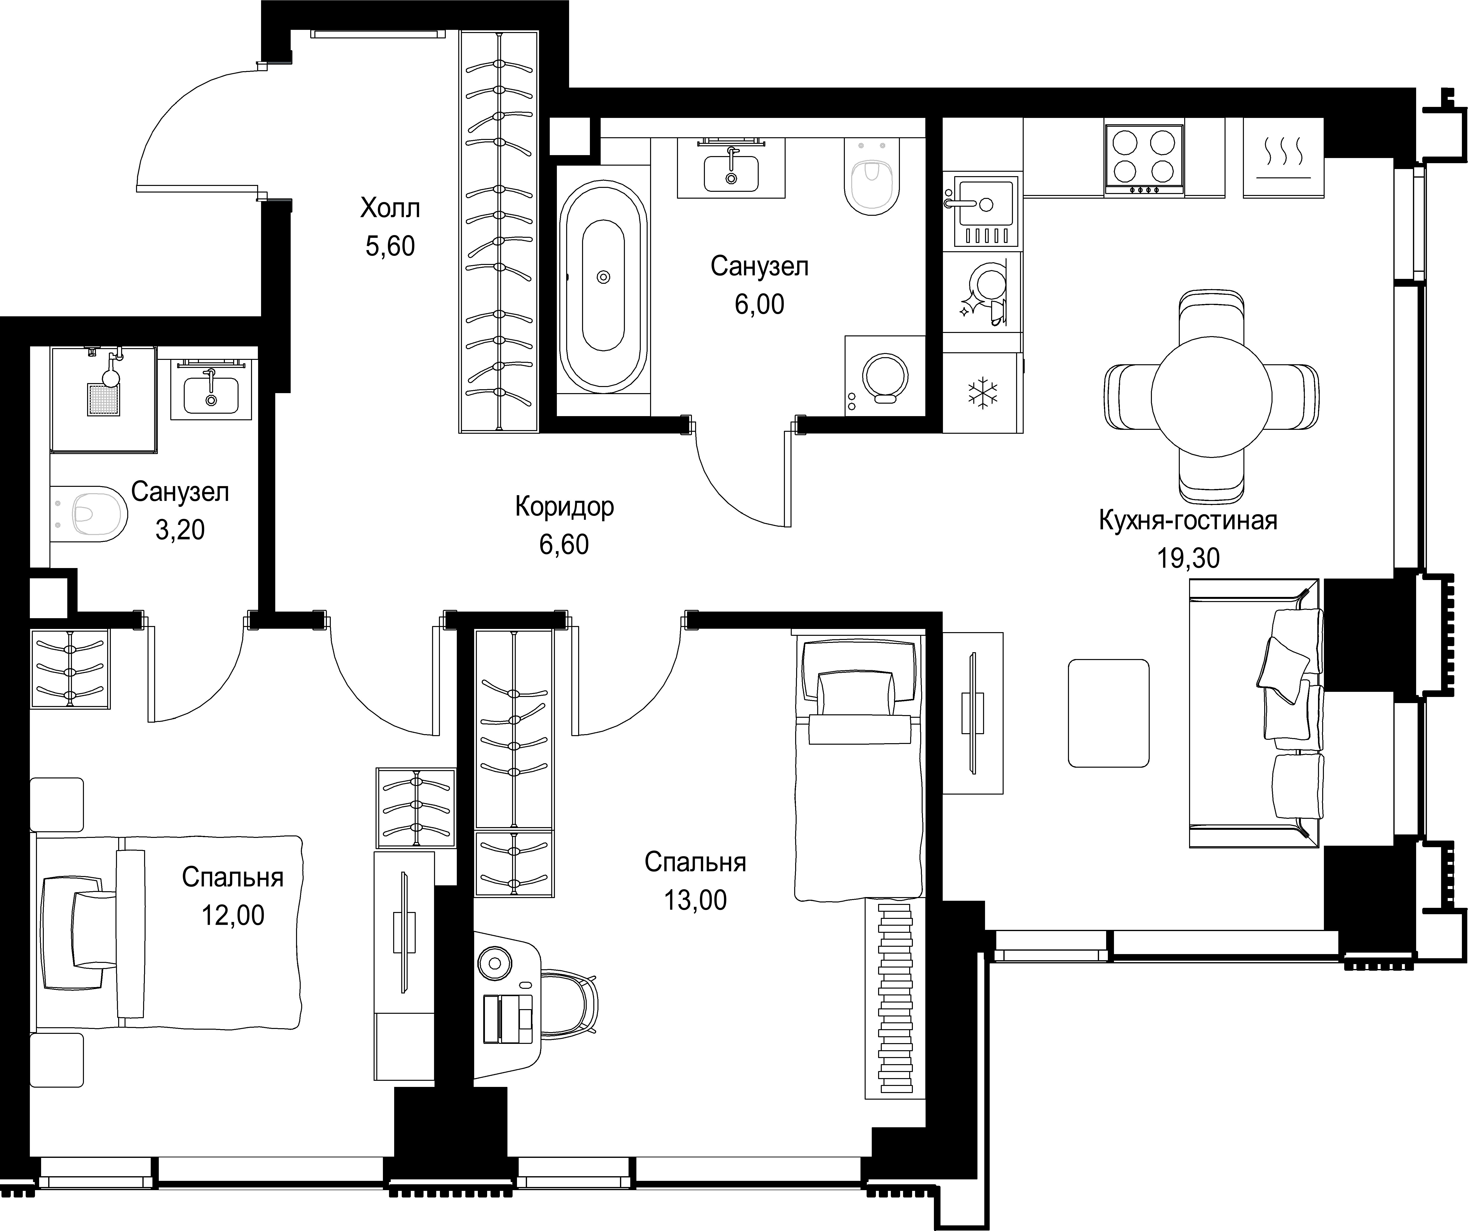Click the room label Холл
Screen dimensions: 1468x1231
[390, 208]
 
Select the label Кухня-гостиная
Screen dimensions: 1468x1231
[1188, 521]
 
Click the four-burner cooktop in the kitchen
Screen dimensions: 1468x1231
[1144, 160]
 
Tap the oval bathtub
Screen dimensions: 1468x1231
[603, 277]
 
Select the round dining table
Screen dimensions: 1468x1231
[1211, 396]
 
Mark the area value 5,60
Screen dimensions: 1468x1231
[390, 246]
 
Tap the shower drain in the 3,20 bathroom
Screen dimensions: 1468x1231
[103, 399]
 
